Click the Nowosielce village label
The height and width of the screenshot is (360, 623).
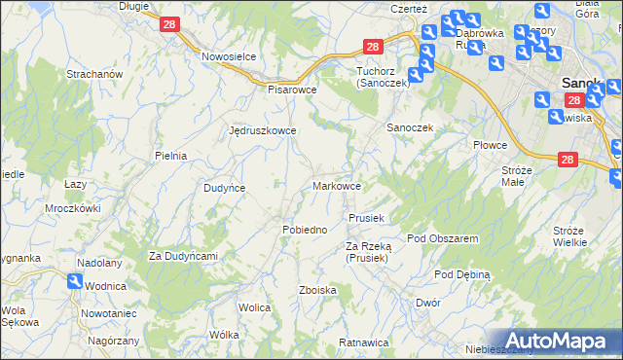click(x=229, y=56)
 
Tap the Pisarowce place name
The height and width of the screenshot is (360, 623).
click(x=293, y=89)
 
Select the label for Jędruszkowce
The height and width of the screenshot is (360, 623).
click(x=262, y=129)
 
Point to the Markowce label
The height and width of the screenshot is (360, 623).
click(x=338, y=185)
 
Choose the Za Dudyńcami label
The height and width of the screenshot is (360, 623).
click(x=182, y=256)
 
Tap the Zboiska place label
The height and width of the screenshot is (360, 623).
click(x=318, y=290)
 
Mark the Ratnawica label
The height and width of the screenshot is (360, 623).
click(x=363, y=342)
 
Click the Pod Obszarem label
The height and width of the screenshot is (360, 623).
click(x=442, y=237)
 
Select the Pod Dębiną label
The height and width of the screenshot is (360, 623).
click(x=461, y=274)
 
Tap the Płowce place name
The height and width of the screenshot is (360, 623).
click(x=491, y=145)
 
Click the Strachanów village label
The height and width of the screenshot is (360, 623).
click(x=92, y=74)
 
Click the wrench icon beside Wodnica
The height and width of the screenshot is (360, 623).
click(x=74, y=281)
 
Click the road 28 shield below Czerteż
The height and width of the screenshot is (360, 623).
click(x=374, y=47)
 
